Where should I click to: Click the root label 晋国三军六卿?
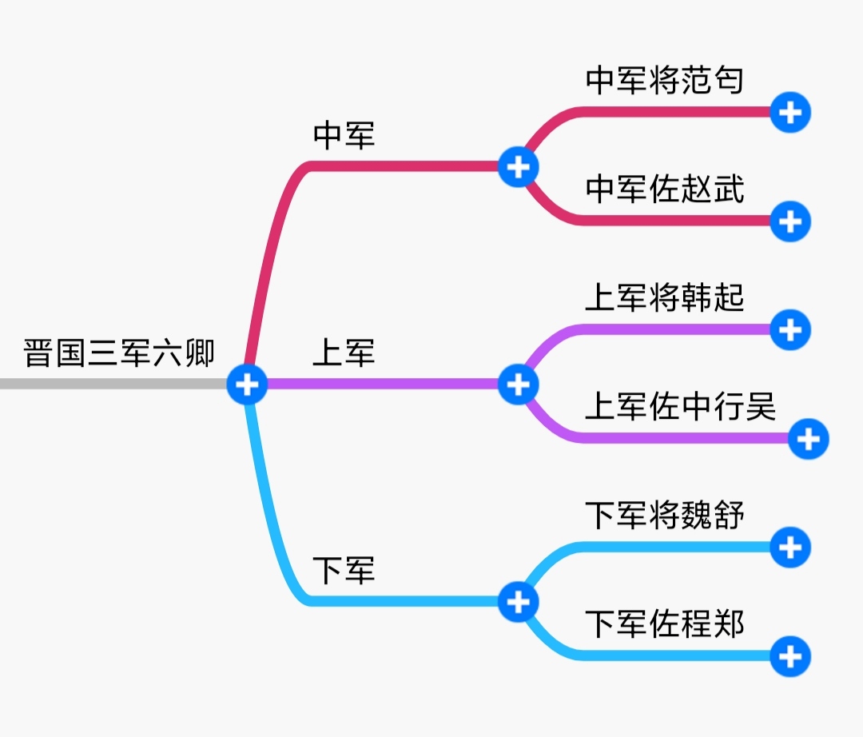[119, 353]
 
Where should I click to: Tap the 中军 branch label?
[344, 135]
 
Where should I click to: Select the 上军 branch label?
[344, 353]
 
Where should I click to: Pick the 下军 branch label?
[344, 571]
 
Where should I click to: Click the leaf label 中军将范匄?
[665, 81]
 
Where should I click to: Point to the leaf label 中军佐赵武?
[665, 189]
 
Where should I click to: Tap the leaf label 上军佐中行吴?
[681, 407]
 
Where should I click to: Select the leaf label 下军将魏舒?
[665, 516]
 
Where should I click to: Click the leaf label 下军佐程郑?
[665, 624]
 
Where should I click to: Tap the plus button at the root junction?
[247, 384]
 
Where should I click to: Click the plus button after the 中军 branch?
[519, 167]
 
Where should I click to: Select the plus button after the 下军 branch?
[519, 602]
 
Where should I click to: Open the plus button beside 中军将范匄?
[790, 113]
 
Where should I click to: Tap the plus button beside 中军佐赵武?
[790, 221]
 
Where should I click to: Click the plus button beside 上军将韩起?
[790, 329]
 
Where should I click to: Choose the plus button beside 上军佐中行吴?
[809, 439]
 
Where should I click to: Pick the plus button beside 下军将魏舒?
[790, 548]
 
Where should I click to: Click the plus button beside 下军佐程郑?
[790, 657]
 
